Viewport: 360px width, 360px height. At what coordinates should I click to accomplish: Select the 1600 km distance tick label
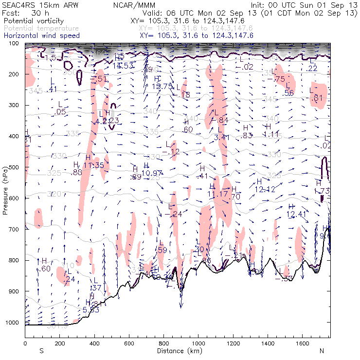tap(302, 343)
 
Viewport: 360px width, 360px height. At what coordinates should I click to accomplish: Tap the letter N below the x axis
tap(322, 351)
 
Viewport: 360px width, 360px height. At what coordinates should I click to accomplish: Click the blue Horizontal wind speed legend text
tap(41, 36)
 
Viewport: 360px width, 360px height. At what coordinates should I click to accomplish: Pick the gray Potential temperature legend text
tap(41, 28)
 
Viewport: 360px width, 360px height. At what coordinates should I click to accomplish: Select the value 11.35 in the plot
tap(93, 165)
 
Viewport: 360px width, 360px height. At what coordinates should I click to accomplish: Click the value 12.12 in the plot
tap(265, 189)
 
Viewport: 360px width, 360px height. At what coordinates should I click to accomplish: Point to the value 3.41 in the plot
tap(221, 137)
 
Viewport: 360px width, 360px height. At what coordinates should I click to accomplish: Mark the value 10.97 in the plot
tap(152, 173)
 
